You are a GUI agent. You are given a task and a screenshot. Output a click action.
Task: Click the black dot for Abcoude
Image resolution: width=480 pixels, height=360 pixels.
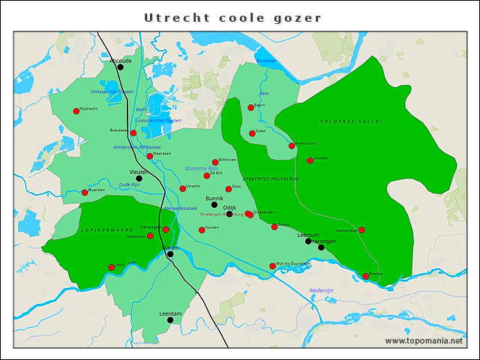pyautogui.click(x=120, y=67)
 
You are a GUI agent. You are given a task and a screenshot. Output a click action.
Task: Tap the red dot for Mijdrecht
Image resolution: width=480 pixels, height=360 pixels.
pyautogui.click(x=76, y=111)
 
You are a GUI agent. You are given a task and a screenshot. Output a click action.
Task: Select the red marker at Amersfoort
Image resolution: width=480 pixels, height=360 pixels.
pyautogui.click(x=292, y=145)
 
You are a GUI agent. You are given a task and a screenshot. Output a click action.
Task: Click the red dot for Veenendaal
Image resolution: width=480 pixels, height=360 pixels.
pyautogui.click(x=361, y=230)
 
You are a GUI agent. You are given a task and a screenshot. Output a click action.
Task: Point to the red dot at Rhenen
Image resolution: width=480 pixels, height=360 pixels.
pyautogui.click(x=366, y=276)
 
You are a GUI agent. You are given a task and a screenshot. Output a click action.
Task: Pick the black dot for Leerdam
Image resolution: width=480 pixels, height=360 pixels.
pyautogui.click(x=170, y=320)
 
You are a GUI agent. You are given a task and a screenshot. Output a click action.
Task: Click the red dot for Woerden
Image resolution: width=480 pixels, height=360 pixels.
pyautogui.click(x=85, y=193)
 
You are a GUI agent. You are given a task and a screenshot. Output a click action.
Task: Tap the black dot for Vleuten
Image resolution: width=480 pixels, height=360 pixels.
pyautogui.click(x=139, y=178)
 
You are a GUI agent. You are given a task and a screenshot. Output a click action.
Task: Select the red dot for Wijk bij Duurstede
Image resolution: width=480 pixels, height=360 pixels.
pyautogui.click(x=272, y=265)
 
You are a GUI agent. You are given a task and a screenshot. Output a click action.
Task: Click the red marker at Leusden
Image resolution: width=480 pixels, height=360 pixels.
pyautogui.click(x=310, y=160)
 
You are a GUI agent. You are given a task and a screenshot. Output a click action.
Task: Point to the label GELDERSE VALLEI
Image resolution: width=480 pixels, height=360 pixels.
pyautogui.click(x=351, y=121)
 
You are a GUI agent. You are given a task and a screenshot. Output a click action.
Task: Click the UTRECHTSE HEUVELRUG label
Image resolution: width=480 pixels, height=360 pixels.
pyautogui.click(x=271, y=178)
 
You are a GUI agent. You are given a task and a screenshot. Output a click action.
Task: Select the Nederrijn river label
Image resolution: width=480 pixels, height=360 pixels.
pyautogui.click(x=321, y=289)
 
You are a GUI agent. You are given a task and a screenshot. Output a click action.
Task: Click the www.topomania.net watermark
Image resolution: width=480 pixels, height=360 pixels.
pyautogui.click(x=424, y=340)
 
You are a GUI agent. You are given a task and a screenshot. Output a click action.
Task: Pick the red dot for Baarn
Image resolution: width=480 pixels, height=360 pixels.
pyautogui.click(x=251, y=107)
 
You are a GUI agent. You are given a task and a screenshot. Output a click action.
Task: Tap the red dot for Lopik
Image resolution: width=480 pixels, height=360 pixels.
pyautogui.click(x=112, y=267)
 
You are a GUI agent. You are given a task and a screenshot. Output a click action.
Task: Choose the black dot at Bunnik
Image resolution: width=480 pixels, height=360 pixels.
pyautogui.click(x=214, y=205)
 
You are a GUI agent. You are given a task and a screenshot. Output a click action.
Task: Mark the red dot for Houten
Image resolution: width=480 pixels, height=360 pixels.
pyautogui.click(x=202, y=229)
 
